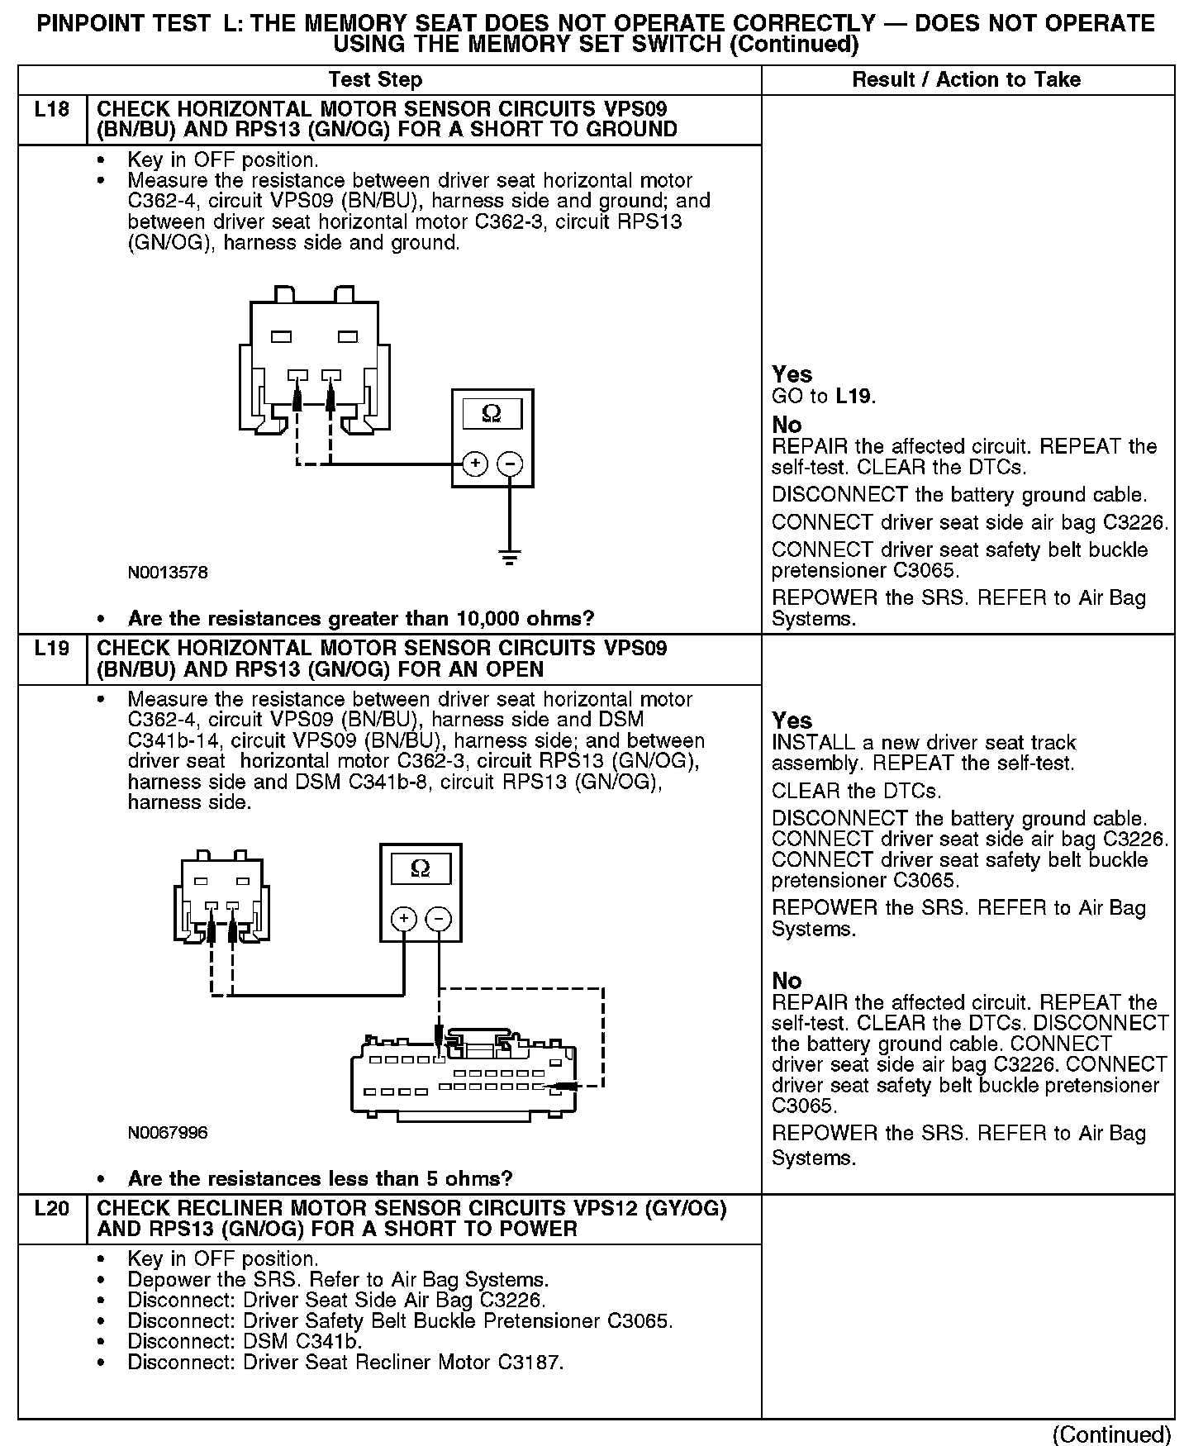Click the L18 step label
51,109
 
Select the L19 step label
51,649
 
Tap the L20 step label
51,1208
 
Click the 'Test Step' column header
375,80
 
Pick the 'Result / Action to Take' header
966,80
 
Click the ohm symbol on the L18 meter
492,413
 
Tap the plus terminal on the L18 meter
475,464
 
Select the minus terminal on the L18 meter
510,464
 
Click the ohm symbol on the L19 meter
421,868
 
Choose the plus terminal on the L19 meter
403,919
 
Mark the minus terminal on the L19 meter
439,919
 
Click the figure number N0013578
168,572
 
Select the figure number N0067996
168,1133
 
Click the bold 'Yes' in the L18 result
792,374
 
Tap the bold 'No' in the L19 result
787,981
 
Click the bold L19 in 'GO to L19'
854,397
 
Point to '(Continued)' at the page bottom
1111,1434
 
